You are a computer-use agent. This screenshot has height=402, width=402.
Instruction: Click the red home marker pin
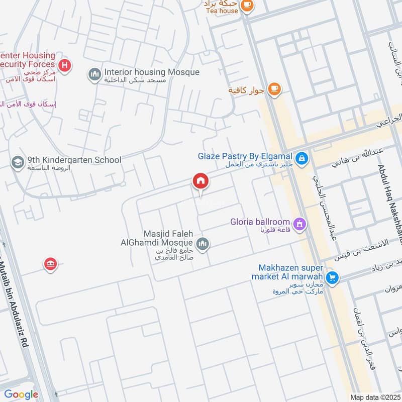pos(200,181)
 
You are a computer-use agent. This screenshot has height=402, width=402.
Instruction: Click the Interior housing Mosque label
pos(152,72)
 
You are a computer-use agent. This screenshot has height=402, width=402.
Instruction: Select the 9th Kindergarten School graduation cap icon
pos(18,162)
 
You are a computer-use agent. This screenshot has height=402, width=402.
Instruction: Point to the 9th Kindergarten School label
pos(74,160)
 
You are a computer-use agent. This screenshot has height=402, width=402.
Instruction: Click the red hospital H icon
pos(64,65)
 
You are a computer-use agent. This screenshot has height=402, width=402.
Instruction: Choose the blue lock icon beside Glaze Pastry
pos(301,159)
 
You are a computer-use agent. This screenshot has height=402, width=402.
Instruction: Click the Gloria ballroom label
pos(260,222)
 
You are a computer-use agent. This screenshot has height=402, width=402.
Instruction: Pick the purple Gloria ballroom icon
pos(299,224)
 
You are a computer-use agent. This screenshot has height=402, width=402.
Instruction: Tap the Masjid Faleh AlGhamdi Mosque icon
pos(203,245)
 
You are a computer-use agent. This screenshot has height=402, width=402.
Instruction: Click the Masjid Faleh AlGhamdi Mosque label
pos(157,238)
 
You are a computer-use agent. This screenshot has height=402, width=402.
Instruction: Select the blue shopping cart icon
pos(332,277)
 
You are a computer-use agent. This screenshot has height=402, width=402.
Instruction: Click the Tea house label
pos(221,11)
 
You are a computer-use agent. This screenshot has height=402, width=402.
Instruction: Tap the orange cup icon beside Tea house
pos(247,5)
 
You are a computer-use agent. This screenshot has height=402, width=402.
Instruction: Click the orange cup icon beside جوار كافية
pos(273,89)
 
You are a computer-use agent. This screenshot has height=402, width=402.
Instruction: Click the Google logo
pos(21,395)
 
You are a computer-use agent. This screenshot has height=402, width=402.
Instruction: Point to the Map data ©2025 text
pos(374,396)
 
